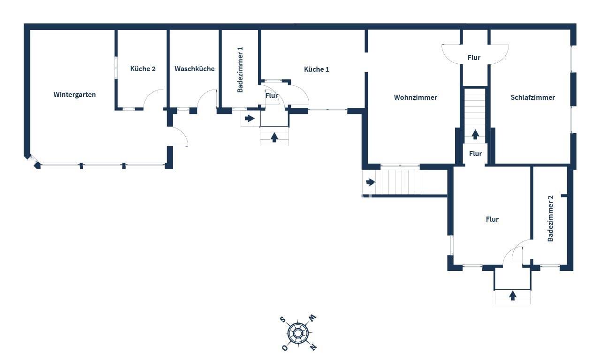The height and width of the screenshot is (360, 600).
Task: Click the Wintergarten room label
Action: (x=75, y=95)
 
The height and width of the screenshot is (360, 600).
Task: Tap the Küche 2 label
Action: (x=143, y=69)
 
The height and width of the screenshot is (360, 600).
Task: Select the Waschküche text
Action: (x=195, y=69)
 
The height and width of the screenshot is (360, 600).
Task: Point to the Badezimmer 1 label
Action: (x=240, y=70)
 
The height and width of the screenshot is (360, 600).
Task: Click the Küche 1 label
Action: (x=316, y=69)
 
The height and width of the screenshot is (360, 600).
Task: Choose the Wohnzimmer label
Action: (x=416, y=97)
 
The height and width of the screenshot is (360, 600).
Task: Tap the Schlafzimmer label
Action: (x=533, y=97)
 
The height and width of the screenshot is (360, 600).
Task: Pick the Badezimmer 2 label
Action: (x=550, y=218)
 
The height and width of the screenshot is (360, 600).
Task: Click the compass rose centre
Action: (x=297, y=333)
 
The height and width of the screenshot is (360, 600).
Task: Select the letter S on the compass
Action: (x=282, y=319)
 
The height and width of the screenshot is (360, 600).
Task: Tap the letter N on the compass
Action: (x=313, y=347)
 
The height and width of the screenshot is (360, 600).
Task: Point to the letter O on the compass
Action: (x=285, y=348)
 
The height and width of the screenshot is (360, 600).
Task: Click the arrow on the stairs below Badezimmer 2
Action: (x=513, y=296)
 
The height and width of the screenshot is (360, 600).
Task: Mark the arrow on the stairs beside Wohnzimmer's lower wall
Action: (x=371, y=182)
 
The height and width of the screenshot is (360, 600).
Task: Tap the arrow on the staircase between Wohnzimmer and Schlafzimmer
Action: (x=475, y=135)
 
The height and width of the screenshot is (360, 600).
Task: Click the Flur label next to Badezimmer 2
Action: (x=492, y=219)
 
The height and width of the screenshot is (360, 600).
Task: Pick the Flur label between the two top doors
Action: (x=474, y=58)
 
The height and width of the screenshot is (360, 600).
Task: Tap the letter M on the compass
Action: (x=313, y=318)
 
